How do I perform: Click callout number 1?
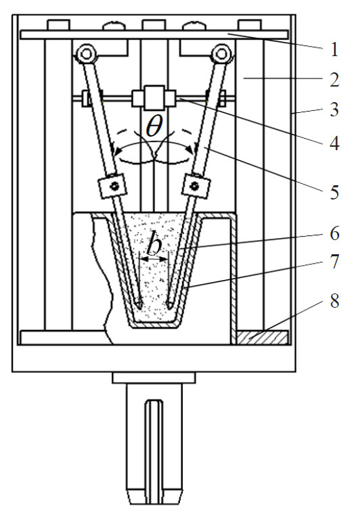[334, 50]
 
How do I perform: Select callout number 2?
[334, 80]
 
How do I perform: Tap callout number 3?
[334, 110]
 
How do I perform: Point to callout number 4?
[334, 144]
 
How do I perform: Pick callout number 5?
[334, 192]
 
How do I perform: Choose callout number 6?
[334, 233]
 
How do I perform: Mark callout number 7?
[334, 261]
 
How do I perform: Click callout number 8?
[334, 301]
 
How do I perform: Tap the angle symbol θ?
[154, 126]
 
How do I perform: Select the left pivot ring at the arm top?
[86, 53]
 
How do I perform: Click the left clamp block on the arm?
[112, 186]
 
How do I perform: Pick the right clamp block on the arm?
[196, 186]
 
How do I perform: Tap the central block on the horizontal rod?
[154, 97]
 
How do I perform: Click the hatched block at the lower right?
[263, 337]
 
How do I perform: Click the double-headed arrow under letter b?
[154, 259]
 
